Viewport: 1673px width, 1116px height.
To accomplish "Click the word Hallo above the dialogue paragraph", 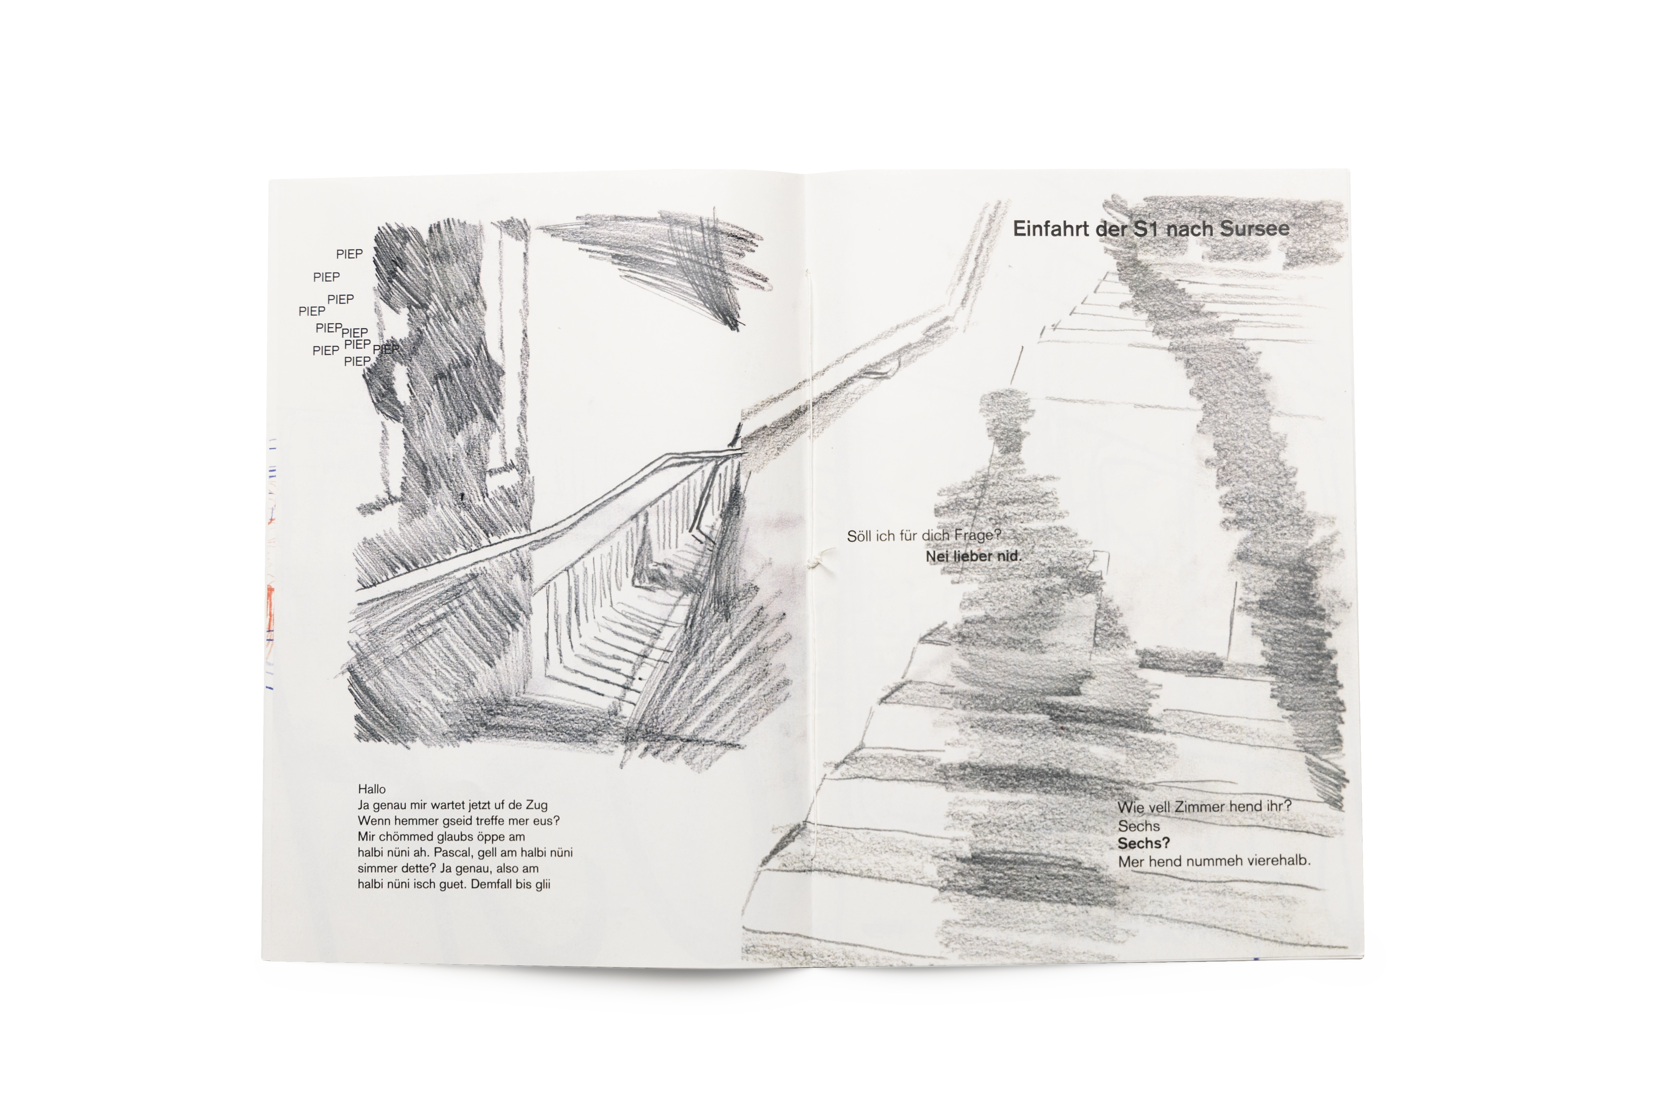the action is tap(371, 789).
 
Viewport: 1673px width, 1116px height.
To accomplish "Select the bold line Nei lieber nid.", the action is tap(973, 556).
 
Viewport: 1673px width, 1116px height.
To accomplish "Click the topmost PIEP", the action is tap(349, 254).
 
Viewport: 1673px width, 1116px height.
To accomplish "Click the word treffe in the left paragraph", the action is tap(491, 820).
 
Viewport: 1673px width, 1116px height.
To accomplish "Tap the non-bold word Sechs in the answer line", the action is tap(1139, 826).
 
